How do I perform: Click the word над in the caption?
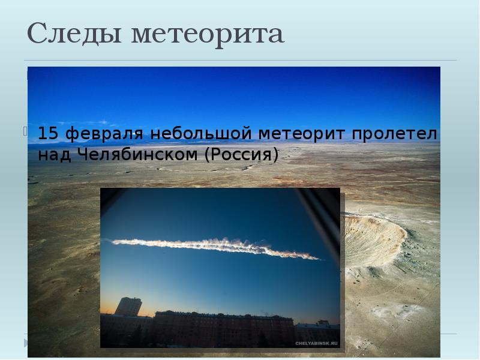click(x=52, y=155)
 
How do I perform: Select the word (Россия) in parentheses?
click(x=242, y=155)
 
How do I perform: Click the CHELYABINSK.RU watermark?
click(x=316, y=343)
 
